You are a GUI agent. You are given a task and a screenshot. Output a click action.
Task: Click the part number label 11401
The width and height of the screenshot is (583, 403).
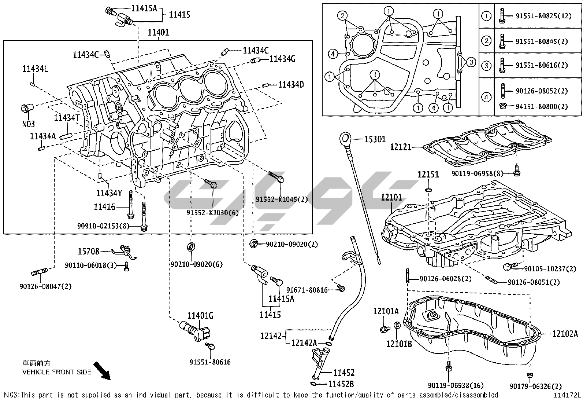click(158, 33)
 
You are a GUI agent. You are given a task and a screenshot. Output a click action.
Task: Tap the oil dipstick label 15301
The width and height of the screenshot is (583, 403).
click(375, 139)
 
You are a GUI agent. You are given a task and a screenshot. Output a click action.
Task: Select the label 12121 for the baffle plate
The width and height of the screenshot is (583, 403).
click(400, 147)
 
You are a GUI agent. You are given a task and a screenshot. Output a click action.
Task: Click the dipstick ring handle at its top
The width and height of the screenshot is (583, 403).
click(345, 138)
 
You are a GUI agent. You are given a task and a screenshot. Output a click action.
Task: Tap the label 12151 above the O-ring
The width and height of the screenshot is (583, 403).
click(428, 175)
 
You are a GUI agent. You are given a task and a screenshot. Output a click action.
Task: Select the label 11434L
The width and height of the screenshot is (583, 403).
click(33, 69)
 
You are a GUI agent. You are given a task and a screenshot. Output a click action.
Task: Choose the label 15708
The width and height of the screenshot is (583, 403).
click(88, 251)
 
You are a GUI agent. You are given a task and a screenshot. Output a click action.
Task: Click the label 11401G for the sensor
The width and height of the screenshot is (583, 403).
click(200, 315)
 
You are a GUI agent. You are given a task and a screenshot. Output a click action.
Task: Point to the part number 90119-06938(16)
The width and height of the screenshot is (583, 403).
click(456, 385)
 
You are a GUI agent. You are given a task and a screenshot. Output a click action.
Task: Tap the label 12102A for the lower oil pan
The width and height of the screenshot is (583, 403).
click(565, 334)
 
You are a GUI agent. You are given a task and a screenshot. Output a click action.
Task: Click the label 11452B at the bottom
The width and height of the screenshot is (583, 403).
click(341, 384)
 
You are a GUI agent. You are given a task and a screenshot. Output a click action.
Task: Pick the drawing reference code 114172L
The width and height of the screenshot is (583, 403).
click(567, 395)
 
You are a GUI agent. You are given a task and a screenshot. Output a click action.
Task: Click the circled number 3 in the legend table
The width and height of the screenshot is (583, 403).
click(486, 66)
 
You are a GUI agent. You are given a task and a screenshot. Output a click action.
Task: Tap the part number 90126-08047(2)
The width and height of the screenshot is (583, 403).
click(45, 286)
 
